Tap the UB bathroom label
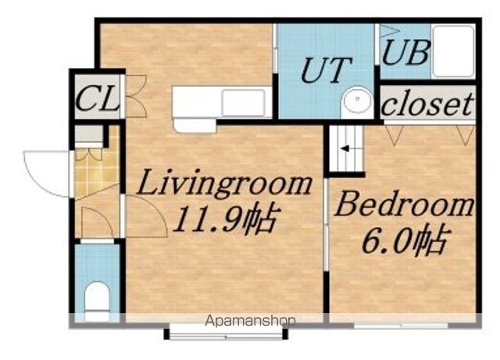pos(405,52)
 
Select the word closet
pos(427,104)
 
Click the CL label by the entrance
pos(98,98)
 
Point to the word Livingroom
pos(224,184)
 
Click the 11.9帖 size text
pos(227,219)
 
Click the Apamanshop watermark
pos(250,320)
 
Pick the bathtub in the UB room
pos(453,51)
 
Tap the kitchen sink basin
pos(243,102)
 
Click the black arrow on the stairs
pos(345,148)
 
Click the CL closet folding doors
pos(135,96)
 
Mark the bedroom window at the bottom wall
pos(401,326)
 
